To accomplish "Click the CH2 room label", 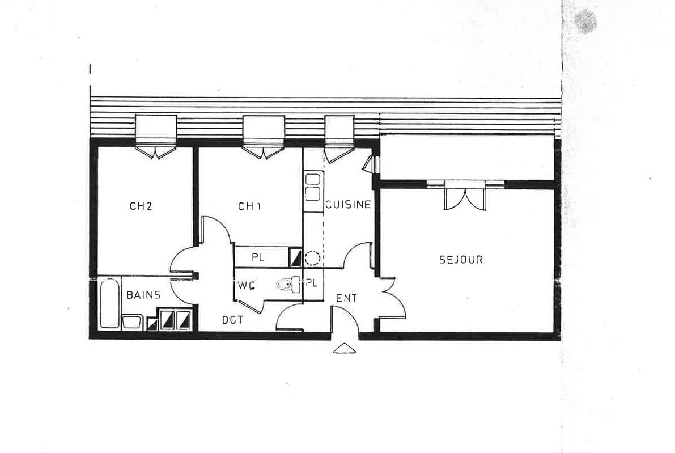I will coord(141,206).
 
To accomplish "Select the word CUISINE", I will coord(348,205).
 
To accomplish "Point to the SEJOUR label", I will coord(461,260).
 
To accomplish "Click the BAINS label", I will coord(143,295).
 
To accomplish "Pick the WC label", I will coord(246,286).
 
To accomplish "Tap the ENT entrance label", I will coord(346,298).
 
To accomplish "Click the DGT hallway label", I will coord(232,320).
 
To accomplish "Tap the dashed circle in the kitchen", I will coord(312,259).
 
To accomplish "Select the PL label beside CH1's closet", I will coord(258,257).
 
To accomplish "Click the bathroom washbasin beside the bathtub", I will coord(132,322).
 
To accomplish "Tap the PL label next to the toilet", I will coord(311,282).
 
